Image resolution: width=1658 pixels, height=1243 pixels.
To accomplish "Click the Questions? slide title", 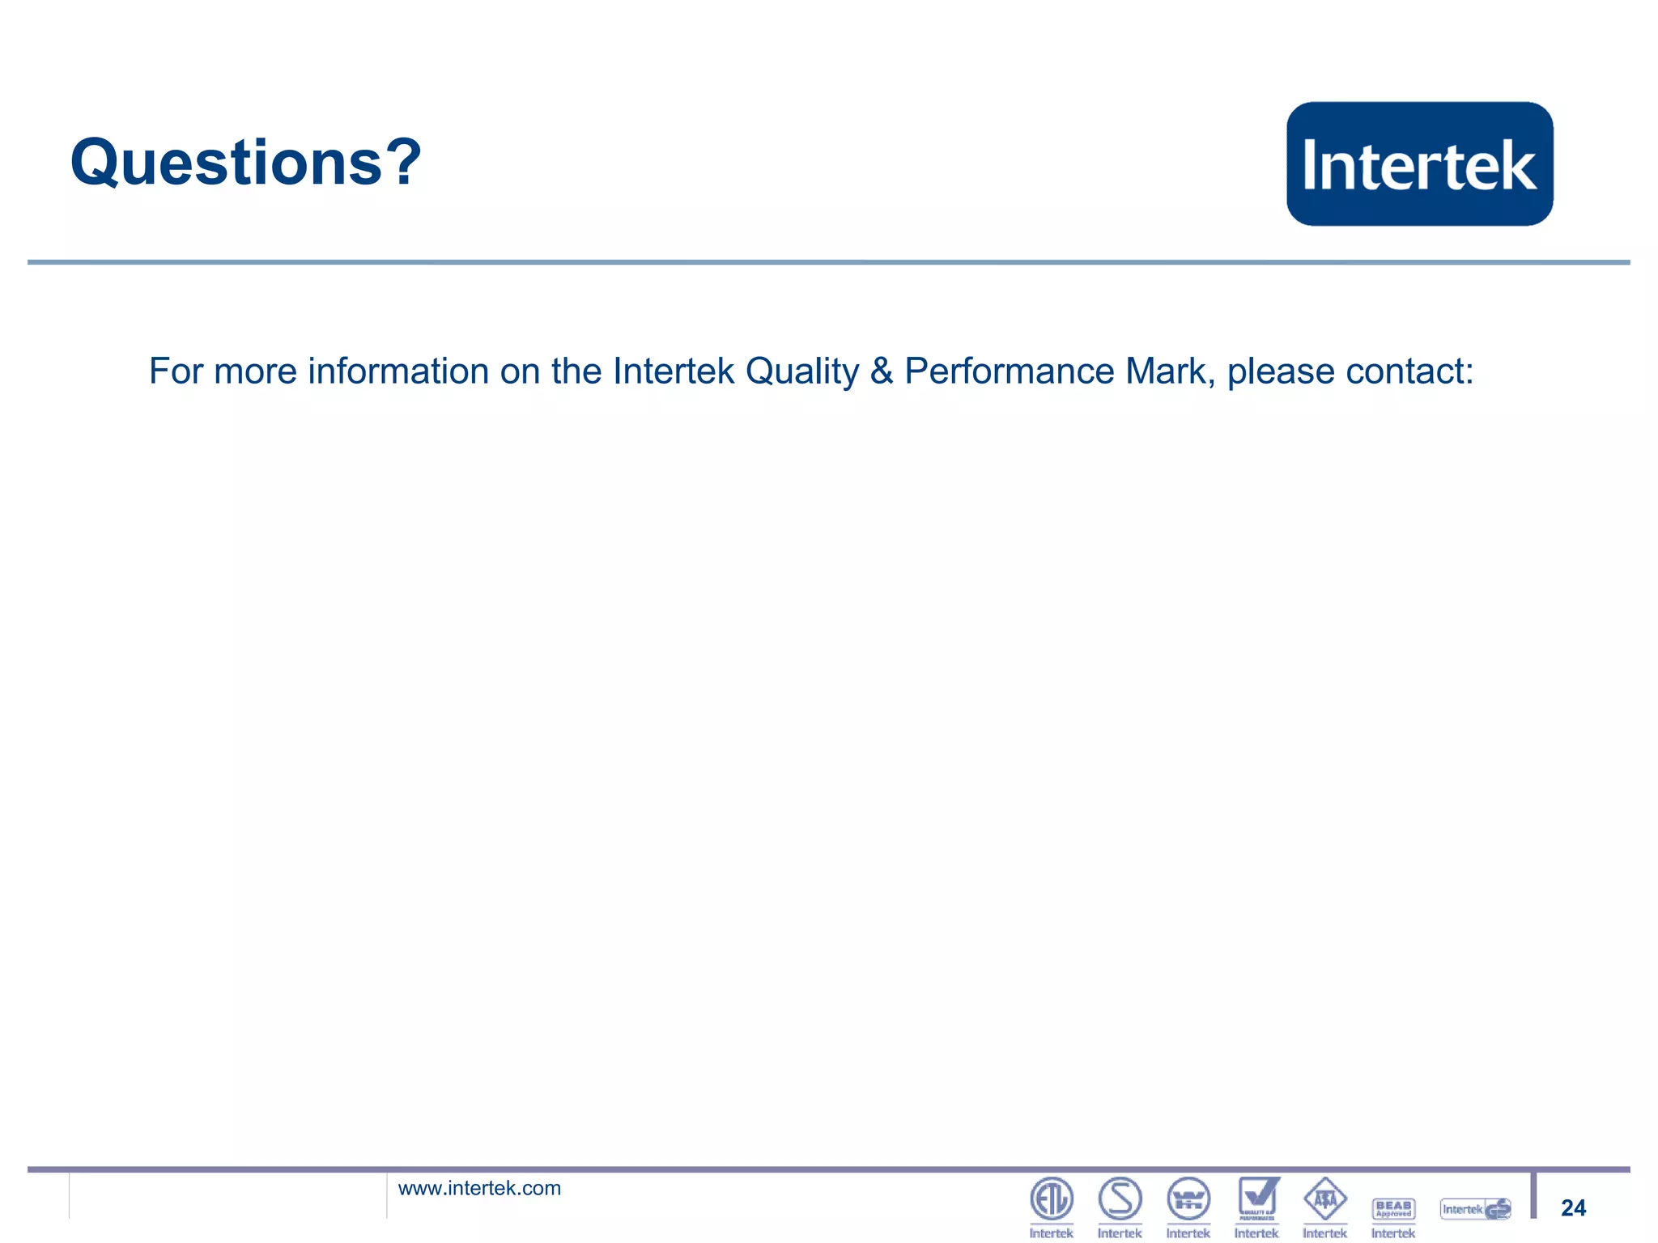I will [x=245, y=162].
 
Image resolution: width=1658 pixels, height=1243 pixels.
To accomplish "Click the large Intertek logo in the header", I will [x=1419, y=163].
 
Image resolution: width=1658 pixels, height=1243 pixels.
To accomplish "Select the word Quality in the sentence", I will [x=801, y=372].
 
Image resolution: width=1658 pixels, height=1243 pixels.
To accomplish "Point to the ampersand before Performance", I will [x=882, y=371].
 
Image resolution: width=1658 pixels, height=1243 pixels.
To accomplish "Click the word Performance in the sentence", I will [x=1009, y=372].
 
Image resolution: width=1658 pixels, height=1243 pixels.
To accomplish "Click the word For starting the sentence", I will [x=176, y=371].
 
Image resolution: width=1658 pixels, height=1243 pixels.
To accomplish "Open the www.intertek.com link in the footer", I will [x=479, y=1188].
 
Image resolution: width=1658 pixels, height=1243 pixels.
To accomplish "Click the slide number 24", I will [x=1573, y=1207].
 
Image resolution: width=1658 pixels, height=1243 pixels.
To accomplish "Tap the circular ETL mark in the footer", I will [x=1051, y=1198].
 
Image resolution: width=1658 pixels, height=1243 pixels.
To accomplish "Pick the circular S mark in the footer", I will [x=1120, y=1198].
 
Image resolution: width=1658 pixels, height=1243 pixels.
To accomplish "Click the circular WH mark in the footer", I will [x=1188, y=1198].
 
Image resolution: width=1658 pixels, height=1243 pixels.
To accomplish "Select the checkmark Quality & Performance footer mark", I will [x=1257, y=1198].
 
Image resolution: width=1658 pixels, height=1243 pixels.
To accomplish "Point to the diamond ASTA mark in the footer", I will [x=1325, y=1198].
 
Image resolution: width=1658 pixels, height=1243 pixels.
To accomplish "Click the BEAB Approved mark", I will [x=1393, y=1208].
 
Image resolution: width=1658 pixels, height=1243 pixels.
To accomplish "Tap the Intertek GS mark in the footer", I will [x=1475, y=1209].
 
